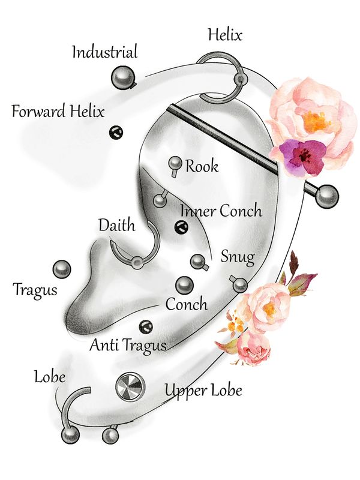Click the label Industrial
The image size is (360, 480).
point(104,52)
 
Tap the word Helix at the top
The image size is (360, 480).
point(224,35)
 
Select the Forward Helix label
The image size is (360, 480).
point(58,112)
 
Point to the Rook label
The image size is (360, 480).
point(202,166)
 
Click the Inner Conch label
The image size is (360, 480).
point(221,211)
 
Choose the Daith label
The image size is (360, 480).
point(116,226)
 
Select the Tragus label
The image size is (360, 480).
point(35,290)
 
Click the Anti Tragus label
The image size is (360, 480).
point(127,345)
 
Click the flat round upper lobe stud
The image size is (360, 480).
point(130,387)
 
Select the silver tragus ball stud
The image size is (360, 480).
point(62,269)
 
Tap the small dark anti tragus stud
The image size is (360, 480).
point(145,326)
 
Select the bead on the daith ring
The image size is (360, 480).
point(138,262)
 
